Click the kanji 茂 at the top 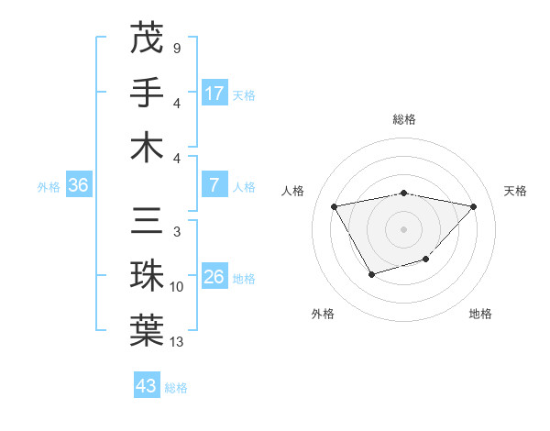pos(148,39)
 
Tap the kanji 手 pos(148,93)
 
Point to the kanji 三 pos(148,222)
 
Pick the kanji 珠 pos(148,277)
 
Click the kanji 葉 pos(148,331)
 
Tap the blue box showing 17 pos(214,93)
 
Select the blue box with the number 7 pos(214,185)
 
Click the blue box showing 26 pos(214,277)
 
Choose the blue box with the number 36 pos(79,185)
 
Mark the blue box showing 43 pos(146,386)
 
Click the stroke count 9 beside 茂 pos(176,48)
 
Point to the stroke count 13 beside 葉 pos(177,342)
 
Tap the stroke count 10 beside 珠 pos(177,287)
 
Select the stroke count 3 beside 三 pos(176,232)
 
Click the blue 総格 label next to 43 pos(176,388)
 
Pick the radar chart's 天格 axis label pos(516,191)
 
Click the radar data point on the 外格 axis pos(371,274)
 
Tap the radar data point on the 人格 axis pos(335,205)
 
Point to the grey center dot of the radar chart pos(403,228)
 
